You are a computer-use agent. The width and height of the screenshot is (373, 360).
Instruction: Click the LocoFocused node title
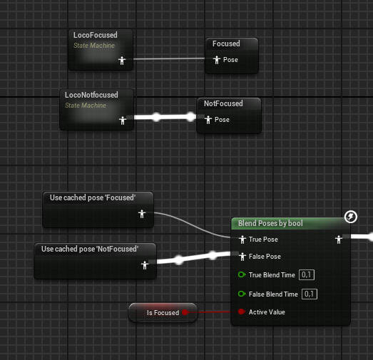(95, 35)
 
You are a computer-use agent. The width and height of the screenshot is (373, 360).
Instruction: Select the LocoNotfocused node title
(91, 95)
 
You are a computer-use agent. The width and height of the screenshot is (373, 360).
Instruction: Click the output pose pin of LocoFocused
(122, 61)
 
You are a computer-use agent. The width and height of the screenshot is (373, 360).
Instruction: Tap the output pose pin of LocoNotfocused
(123, 120)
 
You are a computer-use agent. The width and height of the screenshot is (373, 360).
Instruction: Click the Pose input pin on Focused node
(217, 60)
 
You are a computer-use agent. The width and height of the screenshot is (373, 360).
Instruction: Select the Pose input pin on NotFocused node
(208, 120)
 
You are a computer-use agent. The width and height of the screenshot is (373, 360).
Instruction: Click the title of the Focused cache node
(226, 43)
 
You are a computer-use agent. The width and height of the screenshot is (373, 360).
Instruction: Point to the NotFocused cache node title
(223, 103)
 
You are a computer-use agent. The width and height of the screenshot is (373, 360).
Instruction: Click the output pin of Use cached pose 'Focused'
(142, 214)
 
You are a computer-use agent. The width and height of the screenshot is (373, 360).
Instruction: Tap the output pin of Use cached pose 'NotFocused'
(145, 265)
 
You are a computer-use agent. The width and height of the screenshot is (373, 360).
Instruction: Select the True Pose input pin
(242, 240)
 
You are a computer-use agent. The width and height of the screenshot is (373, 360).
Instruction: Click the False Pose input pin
(242, 257)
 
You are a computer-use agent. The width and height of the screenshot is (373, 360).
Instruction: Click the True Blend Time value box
(307, 275)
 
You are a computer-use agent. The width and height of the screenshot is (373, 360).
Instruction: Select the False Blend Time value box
(310, 294)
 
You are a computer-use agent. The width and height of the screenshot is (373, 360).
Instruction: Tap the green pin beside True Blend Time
(242, 275)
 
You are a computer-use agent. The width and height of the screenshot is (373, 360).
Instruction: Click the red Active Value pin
(242, 312)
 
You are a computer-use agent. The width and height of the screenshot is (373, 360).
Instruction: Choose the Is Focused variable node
(163, 312)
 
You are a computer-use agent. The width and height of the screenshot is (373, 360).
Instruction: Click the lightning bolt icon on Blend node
(351, 217)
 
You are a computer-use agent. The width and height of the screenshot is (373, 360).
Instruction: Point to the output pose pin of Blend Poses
(339, 240)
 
